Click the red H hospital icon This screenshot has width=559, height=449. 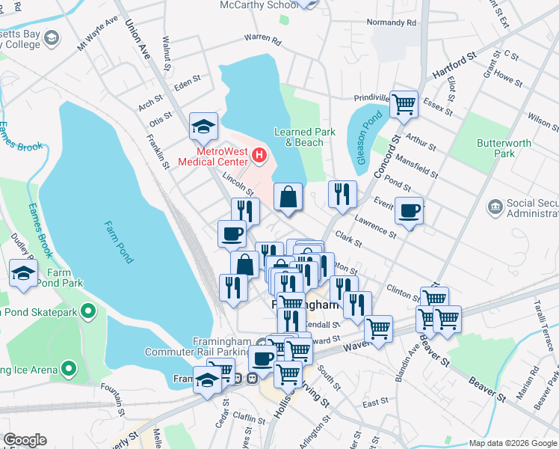tap(259, 156)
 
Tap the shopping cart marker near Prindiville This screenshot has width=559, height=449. tap(404, 104)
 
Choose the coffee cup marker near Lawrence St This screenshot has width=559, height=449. tap(409, 211)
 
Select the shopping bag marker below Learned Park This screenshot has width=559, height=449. tap(288, 198)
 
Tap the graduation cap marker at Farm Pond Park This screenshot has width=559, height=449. tap(24, 273)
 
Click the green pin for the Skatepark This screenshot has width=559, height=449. tap(89, 310)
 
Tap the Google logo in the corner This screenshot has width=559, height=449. tap(25, 440)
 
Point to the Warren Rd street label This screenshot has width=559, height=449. tap(262, 40)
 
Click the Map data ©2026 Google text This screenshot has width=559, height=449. tap(512, 443)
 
